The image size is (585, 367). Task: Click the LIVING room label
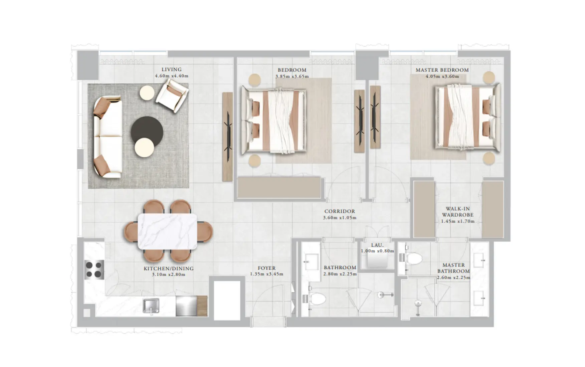click(172, 69)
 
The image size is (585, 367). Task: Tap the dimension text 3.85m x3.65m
click(292, 76)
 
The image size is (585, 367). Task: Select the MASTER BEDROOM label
click(442, 70)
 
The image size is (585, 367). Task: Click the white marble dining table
click(167, 231)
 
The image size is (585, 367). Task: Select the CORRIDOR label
click(340, 211)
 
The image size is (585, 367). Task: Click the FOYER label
click(266, 268)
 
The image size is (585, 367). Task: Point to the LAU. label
click(377, 245)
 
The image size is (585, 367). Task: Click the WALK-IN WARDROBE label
click(457, 212)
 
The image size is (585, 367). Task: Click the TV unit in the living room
click(227, 137)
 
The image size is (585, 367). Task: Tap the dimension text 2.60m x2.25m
click(453, 277)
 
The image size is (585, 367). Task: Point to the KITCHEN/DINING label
click(168, 268)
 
